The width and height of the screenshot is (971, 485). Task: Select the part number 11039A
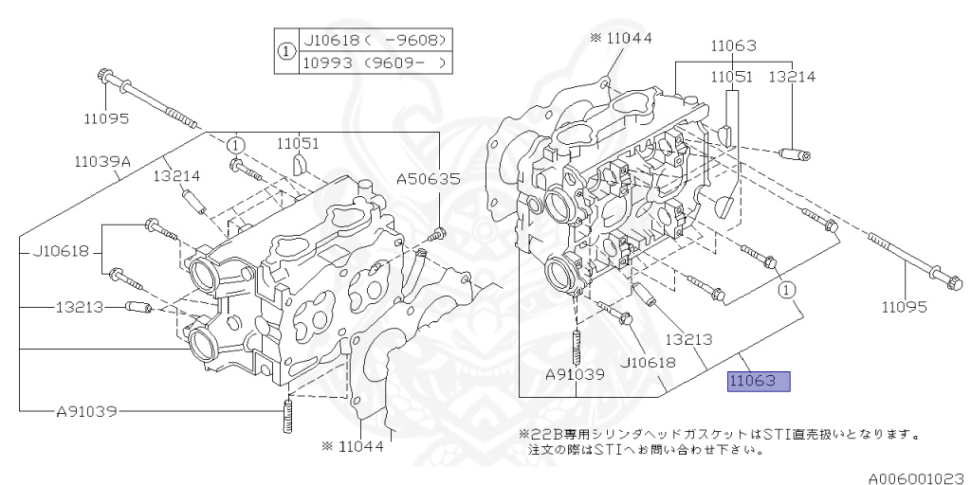point(101,162)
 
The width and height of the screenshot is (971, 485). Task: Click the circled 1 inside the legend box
point(284,53)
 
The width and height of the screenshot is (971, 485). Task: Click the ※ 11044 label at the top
point(622,38)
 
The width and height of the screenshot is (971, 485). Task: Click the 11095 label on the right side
point(907,307)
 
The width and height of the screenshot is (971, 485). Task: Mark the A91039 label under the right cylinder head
point(574,374)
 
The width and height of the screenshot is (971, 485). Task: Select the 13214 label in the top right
point(792,75)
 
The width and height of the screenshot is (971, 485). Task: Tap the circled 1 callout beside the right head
point(787,290)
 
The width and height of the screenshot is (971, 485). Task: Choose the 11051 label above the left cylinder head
point(297,143)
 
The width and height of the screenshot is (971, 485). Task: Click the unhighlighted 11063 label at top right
point(732,45)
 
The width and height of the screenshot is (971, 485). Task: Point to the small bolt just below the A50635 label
point(437,233)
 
